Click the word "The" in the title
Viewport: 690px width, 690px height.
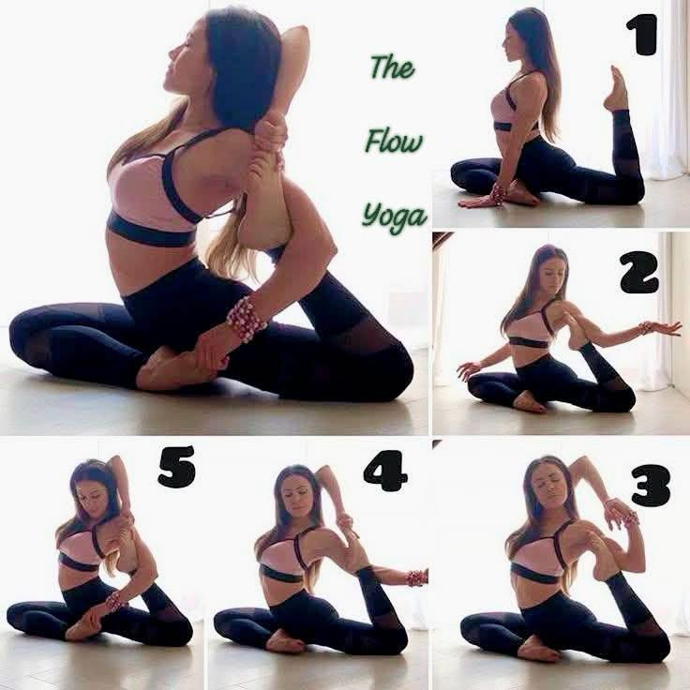392,67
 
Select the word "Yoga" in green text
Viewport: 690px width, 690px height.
395,217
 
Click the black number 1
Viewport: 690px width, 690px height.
641,35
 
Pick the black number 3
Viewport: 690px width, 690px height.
651,486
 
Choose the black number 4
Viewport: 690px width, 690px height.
385,472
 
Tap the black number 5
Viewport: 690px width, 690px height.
176,467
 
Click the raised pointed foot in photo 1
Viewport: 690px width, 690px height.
616,88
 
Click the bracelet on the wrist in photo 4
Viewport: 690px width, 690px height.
415,577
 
